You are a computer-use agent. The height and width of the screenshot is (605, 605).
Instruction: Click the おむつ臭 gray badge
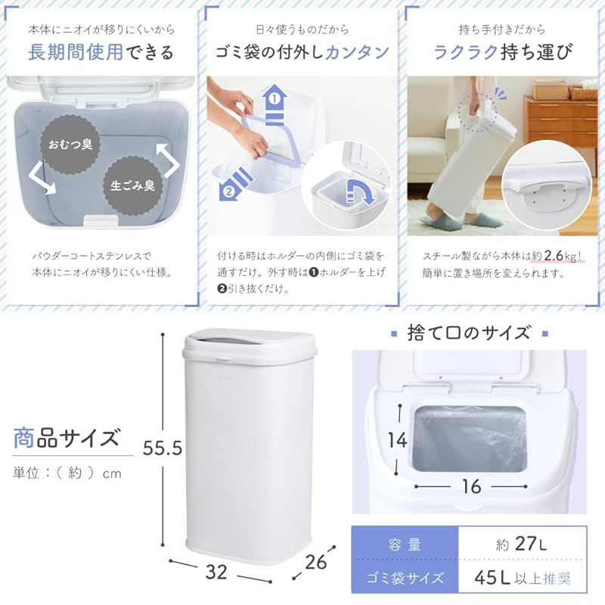pos(70,144)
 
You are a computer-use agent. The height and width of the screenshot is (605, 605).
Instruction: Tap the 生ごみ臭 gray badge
pos(133,185)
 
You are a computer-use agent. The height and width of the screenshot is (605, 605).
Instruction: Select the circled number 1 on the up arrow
pos(275,99)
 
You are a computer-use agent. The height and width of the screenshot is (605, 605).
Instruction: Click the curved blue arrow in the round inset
pos(361,191)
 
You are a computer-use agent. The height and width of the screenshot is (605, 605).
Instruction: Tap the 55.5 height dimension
pos(163,448)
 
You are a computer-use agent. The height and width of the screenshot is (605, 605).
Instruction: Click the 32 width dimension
pos(216,572)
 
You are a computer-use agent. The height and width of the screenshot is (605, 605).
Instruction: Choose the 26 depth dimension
pos(315,562)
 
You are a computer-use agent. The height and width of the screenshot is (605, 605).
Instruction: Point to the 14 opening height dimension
pos(398,440)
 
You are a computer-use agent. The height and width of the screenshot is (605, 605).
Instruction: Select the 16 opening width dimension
pos(471,486)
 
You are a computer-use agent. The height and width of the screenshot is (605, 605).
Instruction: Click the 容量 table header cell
pos(405,544)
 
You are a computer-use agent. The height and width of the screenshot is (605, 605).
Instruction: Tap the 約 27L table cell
pos(522,544)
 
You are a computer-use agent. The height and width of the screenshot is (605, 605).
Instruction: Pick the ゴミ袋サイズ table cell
pos(405,577)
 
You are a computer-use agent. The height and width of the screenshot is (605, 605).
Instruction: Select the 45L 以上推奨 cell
pos(522,577)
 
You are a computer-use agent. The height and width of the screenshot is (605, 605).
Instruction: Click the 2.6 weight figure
pos(554,256)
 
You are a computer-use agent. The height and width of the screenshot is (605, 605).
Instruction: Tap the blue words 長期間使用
pos(76,52)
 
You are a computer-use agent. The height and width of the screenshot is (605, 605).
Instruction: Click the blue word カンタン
pos(357,52)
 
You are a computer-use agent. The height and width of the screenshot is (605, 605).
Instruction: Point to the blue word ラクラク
pos(465,52)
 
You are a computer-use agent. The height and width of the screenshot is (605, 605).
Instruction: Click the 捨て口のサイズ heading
pos(469,333)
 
